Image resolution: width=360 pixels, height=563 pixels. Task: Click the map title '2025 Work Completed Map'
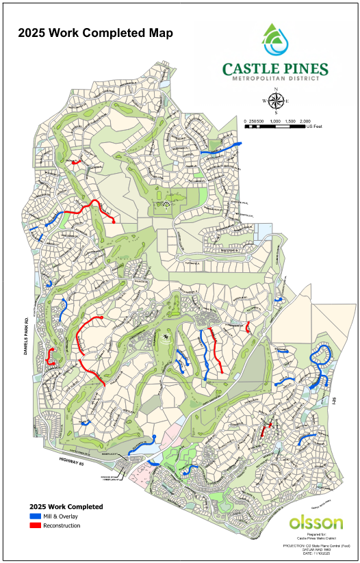point(95,32)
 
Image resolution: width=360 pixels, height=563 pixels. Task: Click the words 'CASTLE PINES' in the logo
point(275,68)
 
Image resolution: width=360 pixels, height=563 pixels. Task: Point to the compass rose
point(276,101)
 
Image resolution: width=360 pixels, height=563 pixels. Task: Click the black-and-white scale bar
point(274,120)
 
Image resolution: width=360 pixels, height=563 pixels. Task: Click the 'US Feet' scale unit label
point(314,127)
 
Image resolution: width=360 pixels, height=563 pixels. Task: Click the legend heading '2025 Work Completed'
point(62,506)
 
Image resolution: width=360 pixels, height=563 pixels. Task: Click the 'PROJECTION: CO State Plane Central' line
point(314,545)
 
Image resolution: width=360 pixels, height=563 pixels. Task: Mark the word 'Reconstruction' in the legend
point(62,525)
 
